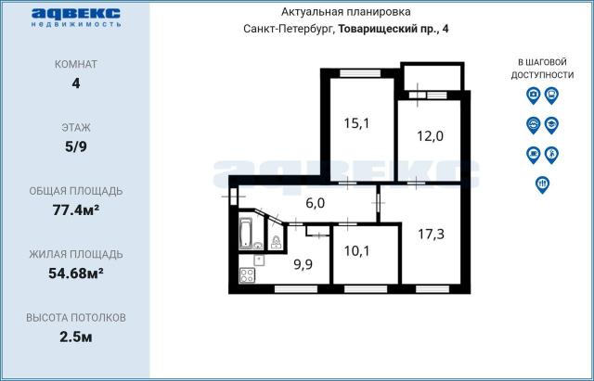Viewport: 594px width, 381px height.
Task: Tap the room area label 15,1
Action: [357, 122]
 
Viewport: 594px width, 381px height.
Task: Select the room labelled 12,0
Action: [430, 136]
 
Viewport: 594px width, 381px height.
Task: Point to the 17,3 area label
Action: [430, 234]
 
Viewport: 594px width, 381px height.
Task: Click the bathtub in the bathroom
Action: [247, 234]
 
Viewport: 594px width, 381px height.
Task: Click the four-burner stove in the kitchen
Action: [247, 275]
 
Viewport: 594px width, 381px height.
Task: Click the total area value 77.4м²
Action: [75, 210]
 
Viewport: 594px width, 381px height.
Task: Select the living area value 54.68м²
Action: [75, 273]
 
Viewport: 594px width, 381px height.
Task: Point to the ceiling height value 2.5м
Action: [75, 336]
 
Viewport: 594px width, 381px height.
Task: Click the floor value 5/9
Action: [75, 146]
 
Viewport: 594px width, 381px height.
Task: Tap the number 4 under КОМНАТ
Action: [75, 83]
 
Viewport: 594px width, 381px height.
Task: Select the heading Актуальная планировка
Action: [344, 12]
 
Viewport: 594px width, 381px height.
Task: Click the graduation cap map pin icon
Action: [551, 124]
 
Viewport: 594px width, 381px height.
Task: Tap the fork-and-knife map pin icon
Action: [542, 184]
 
